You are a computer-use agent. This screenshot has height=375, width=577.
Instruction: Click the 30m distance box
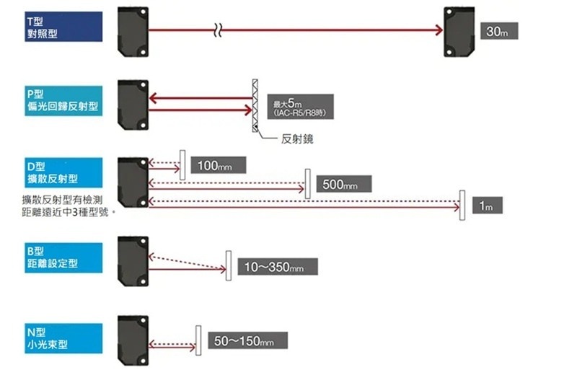(498, 32)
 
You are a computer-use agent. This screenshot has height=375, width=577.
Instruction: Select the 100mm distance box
(217, 166)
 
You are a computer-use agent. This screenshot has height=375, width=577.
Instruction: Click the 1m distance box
(486, 206)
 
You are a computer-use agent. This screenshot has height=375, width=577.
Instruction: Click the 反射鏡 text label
(297, 139)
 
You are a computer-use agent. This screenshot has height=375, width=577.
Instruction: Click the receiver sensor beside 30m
(459, 32)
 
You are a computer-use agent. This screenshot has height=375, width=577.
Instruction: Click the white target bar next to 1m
(462, 205)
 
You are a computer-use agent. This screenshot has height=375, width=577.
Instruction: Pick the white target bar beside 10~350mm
(228, 265)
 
